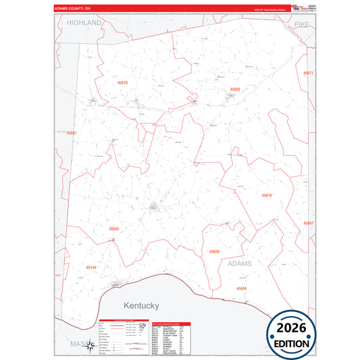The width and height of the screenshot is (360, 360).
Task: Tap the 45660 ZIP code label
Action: click(234, 89)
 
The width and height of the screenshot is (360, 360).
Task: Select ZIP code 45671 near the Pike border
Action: click(308, 72)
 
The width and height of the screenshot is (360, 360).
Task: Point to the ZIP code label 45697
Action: click(72, 133)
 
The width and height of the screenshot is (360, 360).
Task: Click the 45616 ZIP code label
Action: click(266, 195)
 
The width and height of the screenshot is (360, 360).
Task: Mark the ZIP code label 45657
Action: click(308, 223)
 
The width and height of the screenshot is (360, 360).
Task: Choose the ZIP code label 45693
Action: click(114, 229)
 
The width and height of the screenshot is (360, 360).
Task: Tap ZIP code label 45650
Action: click(214, 251)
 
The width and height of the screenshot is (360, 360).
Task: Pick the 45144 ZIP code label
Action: click(91, 267)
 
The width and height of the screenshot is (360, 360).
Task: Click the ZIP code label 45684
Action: click(241, 288)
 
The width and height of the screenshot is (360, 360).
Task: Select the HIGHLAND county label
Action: click(84, 22)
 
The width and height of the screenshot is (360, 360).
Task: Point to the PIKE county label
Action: click(300, 24)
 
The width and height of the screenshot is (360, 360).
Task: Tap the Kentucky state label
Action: click(141, 305)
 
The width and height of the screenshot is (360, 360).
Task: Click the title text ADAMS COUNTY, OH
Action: click(73, 9)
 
